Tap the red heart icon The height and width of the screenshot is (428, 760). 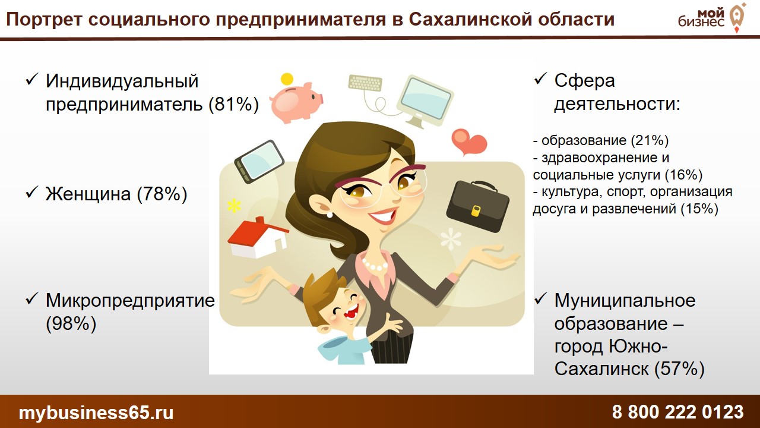click(469, 142)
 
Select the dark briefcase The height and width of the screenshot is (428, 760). click(477, 206)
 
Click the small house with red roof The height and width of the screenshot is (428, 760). click(258, 237)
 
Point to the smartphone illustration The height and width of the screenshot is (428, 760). click(259, 162)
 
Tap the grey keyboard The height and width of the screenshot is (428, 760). click(365, 83)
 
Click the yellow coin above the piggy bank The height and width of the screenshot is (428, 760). click(287, 79)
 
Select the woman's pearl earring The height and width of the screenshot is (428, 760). click(330, 215)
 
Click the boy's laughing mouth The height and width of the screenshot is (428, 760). click(351, 311)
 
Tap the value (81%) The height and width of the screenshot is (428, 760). click(234, 103)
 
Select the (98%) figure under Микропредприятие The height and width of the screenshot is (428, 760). click(71, 323)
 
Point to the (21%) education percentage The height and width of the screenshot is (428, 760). click(650, 140)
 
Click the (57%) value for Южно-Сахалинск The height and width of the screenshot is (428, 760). click(679, 369)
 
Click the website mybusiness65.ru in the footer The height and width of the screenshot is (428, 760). click(96, 413)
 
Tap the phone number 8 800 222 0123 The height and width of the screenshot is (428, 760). click(678, 412)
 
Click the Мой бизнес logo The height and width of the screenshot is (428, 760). click(711, 18)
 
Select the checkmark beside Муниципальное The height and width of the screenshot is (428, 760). click(540, 299)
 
